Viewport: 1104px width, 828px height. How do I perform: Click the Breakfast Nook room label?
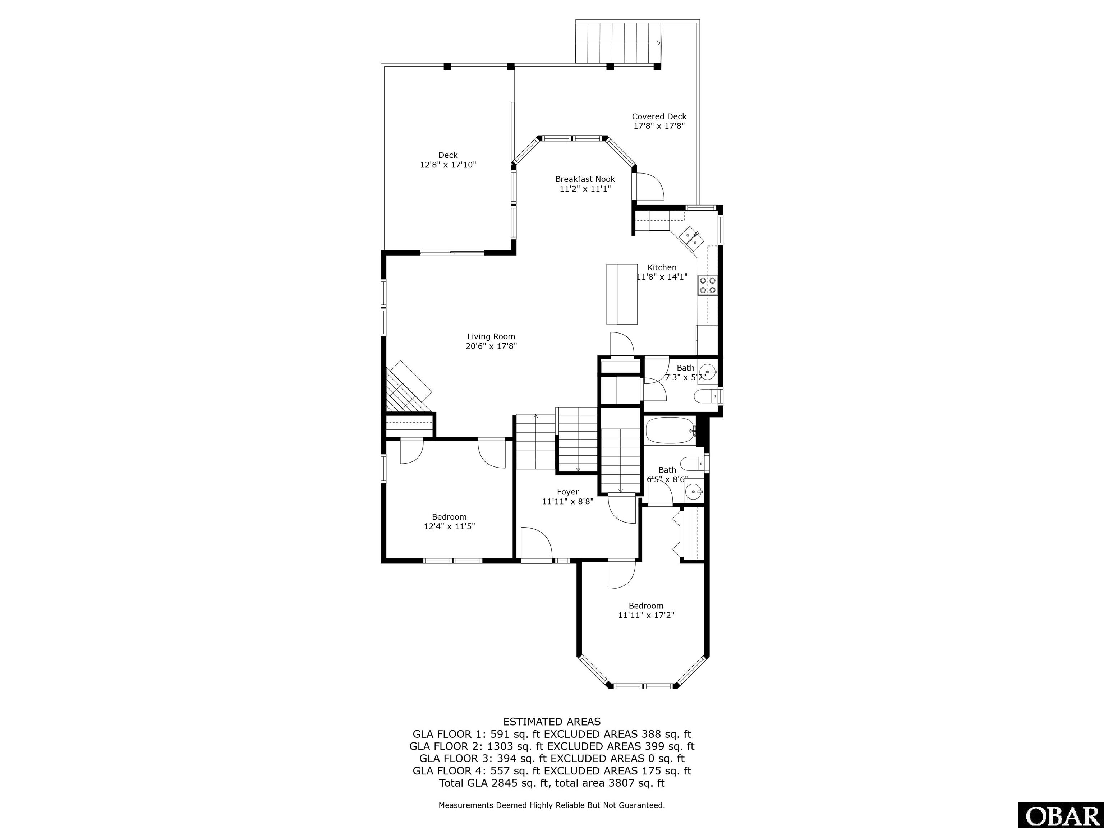(585, 179)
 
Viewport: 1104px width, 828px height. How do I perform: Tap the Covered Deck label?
(659, 116)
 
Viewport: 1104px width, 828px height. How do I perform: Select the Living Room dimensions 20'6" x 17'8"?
(491, 346)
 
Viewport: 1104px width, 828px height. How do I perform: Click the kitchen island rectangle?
(622, 294)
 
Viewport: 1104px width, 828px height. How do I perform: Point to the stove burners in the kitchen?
(708, 285)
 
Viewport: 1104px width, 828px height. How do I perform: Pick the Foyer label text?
(567, 492)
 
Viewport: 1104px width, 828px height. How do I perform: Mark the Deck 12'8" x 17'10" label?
(448, 160)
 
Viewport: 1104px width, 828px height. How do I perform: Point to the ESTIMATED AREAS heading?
(552, 722)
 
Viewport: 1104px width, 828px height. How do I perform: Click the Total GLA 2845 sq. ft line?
(552, 783)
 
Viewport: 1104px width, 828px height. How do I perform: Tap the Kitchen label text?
(662, 267)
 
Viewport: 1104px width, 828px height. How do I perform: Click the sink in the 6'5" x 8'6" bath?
(693, 492)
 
